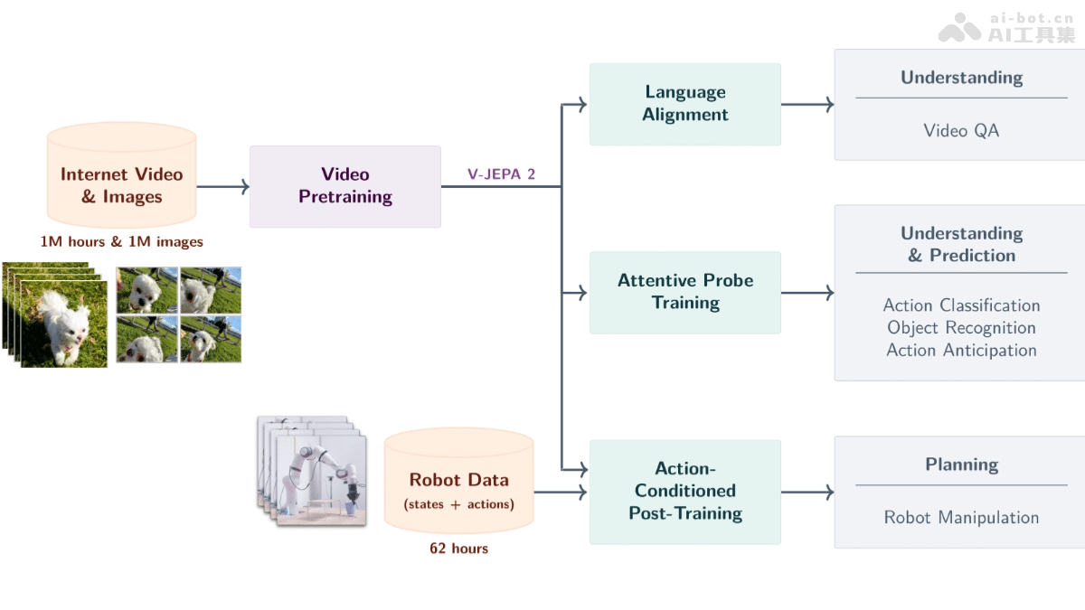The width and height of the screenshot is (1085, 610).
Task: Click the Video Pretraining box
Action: click(344, 186)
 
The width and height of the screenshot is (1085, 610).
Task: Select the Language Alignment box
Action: click(684, 104)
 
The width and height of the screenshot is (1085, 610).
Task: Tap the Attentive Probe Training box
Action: click(684, 292)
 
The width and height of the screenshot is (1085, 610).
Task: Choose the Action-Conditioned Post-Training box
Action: click(684, 492)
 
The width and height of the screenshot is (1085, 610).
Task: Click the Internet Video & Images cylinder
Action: click(121, 185)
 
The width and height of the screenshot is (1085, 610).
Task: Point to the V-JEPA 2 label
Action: click(501, 174)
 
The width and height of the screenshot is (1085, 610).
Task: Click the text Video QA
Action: click(961, 131)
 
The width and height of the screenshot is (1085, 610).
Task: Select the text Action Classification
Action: click(961, 305)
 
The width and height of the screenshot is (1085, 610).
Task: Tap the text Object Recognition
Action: click(961, 328)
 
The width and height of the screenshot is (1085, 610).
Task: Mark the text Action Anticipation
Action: click(961, 351)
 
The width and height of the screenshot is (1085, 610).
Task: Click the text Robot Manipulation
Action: click(961, 518)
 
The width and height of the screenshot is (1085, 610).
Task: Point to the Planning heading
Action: click(961, 465)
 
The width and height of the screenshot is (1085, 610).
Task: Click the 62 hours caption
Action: click(458, 549)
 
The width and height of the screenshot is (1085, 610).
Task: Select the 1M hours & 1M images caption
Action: click(121, 242)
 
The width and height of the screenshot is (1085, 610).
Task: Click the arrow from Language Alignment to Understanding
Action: click(807, 105)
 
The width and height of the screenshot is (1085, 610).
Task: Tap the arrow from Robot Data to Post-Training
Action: click(561, 493)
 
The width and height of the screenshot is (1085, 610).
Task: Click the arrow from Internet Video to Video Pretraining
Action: click(222, 187)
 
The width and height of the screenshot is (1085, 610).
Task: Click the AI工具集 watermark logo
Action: click(1006, 29)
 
